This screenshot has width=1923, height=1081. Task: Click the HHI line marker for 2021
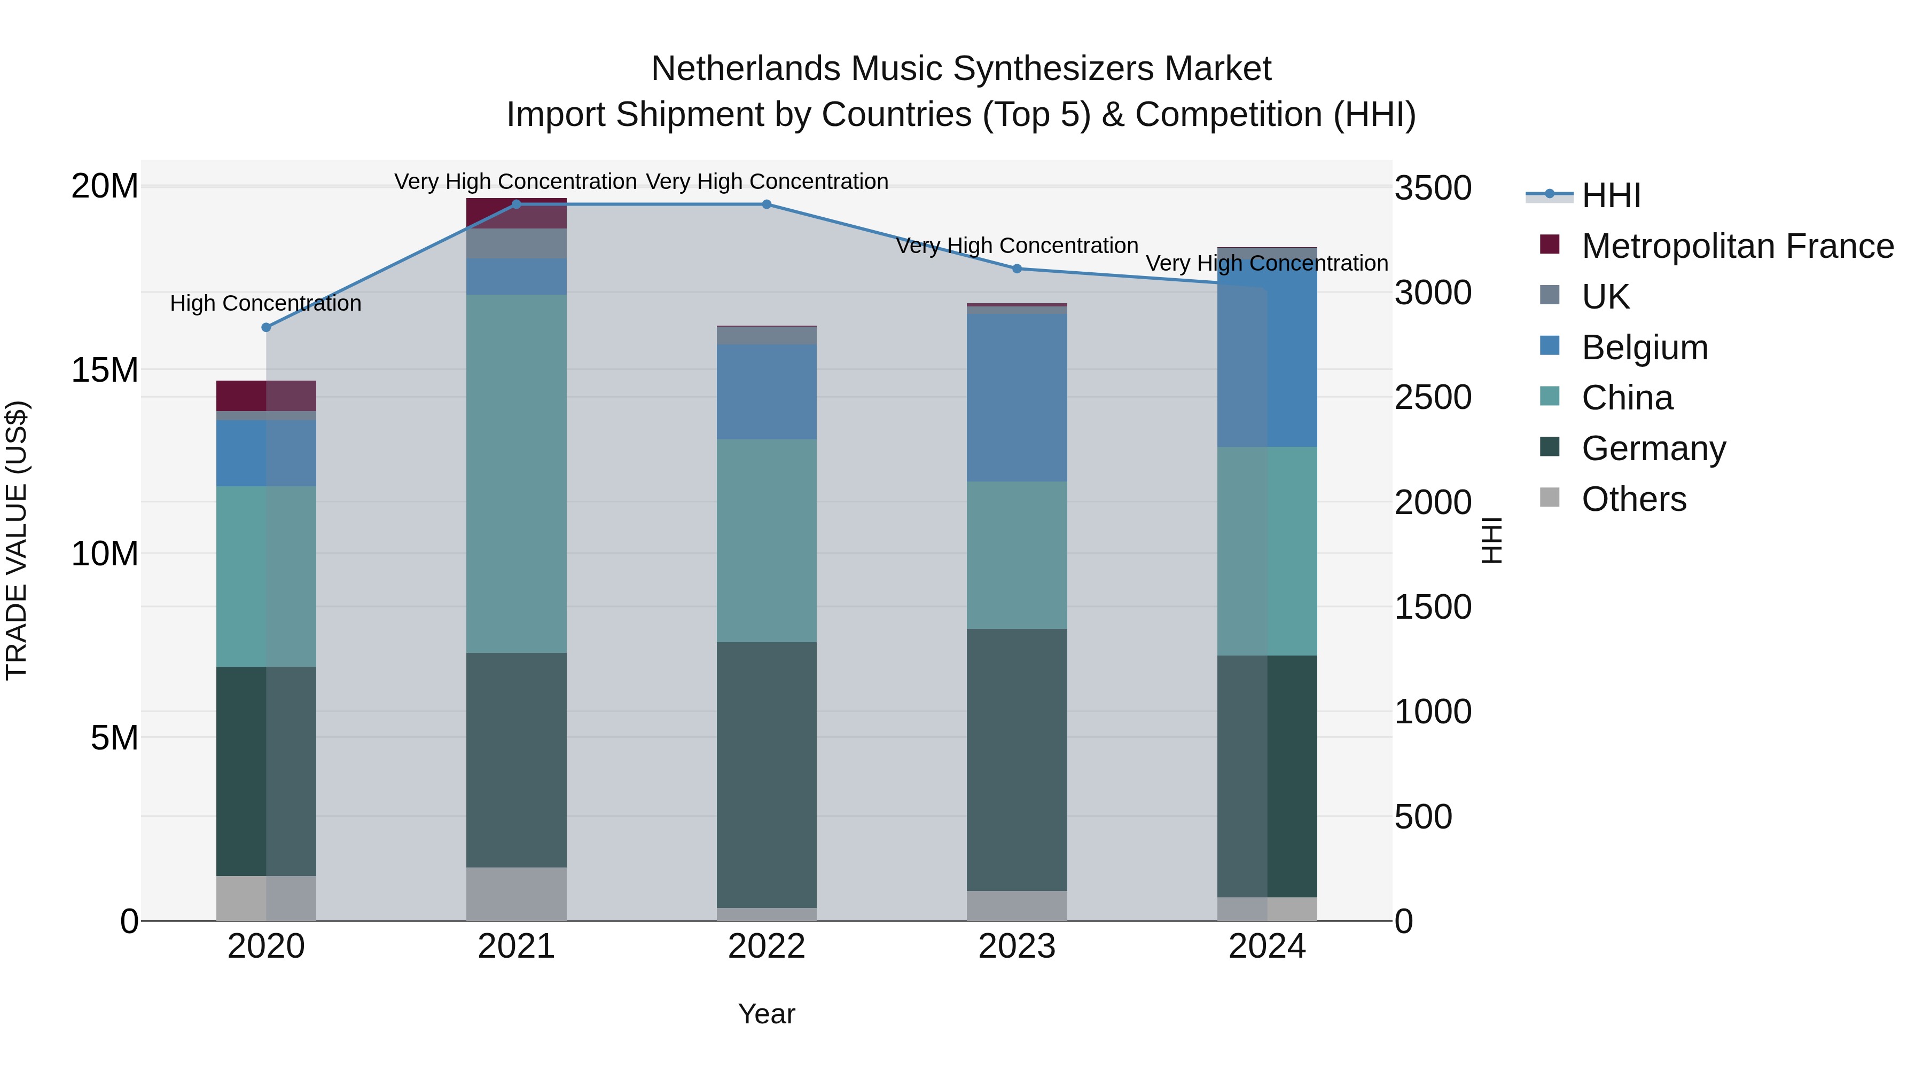[516, 204]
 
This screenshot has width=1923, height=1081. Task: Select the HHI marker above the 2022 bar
[767, 204]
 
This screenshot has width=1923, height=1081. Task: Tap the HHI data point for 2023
[1017, 269]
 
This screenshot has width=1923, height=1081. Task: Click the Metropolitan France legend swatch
[1550, 244]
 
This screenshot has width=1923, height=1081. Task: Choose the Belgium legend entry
[1645, 348]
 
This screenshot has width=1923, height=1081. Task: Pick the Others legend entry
[1633, 499]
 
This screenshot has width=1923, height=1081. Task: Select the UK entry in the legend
[1605, 296]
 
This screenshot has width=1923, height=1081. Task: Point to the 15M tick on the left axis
[105, 370]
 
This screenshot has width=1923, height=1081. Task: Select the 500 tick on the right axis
[1423, 817]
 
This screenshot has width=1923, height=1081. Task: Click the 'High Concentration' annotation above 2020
[266, 304]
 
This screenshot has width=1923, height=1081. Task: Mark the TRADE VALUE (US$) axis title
[17, 540]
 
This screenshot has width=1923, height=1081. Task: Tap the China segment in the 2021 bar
[516, 474]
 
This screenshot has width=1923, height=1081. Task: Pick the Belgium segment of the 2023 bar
[1017, 398]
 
